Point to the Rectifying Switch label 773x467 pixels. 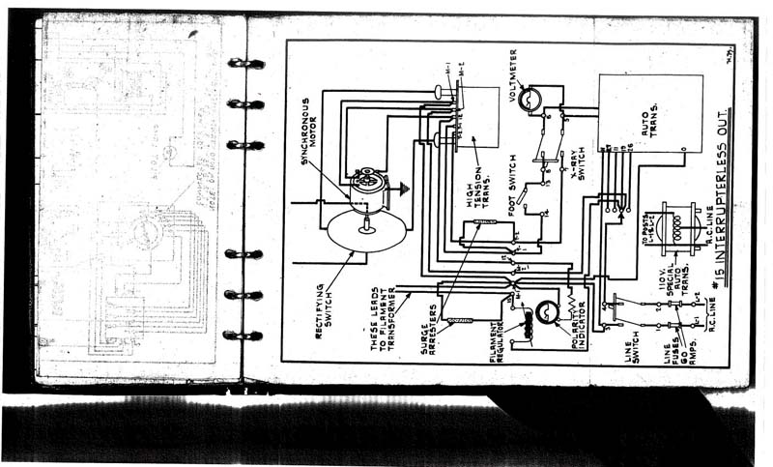(x=323, y=306)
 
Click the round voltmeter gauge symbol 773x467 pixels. (x=529, y=99)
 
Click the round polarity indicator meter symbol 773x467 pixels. (x=546, y=311)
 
